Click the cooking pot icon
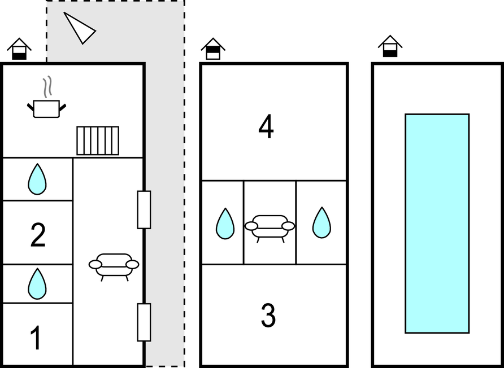[x=46, y=109]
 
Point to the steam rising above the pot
[x=47, y=87]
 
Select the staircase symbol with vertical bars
[x=98, y=141]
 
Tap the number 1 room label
[x=37, y=338]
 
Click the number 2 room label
[x=38, y=235]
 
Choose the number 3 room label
[x=268, y=316]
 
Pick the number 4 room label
[x=266, y=128]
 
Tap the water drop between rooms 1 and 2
[x=37, y=283]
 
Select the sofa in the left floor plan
[x=114, y=266]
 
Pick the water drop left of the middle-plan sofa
[x=225, y=224]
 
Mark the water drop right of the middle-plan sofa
[x=321, y=222]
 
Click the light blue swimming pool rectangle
[x=437, y=224]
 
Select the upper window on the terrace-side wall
[x=144, y=210]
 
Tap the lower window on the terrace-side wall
[x=144, y=322]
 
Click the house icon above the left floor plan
[x=19, y=49]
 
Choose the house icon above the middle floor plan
[x=213, y=49]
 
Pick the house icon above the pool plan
[x=390, y=46]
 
